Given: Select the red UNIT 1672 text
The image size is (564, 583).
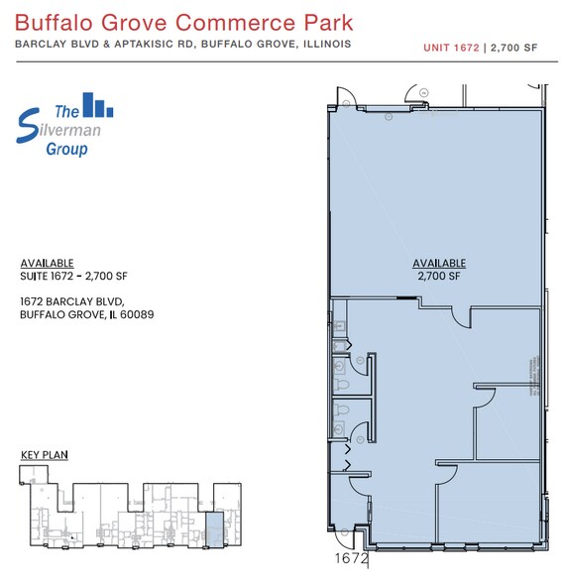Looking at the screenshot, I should tap(450, 47).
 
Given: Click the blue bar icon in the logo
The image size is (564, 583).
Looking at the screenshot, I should tap(96, 105).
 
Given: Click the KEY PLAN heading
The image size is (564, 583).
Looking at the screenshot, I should tap(44, 454).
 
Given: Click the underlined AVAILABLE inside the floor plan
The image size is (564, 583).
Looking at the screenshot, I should tap(438, 263).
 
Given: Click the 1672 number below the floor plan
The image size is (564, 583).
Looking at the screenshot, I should tap(351, 559).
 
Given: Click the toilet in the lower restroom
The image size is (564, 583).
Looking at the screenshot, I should tap(341, 427).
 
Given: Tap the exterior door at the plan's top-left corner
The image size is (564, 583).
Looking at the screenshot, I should tap(347, 96).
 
